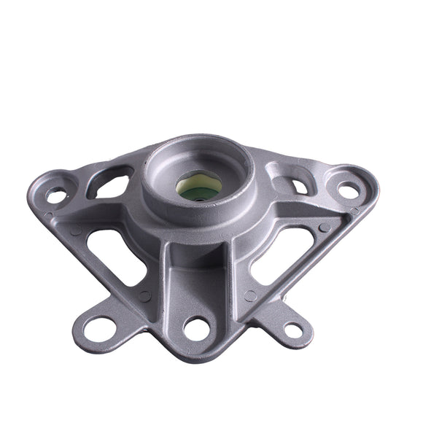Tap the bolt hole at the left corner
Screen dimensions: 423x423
tap(55, 195)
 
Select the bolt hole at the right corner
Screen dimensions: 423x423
tap(349, 191)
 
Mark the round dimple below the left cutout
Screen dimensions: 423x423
tap(144, 296)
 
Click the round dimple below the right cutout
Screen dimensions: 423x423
tap(250, 295)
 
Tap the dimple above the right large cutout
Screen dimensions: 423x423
tap(325, 227)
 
